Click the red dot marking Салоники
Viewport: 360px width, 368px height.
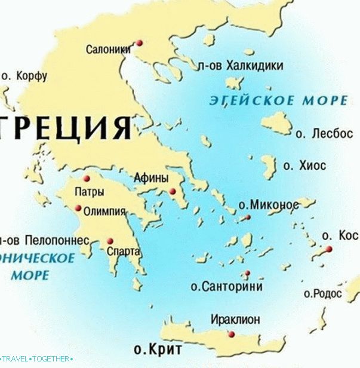point(140,42)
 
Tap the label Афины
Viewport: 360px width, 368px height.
point(150,178)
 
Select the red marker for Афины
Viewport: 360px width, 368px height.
point(172,191)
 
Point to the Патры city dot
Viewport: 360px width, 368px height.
point(87,179)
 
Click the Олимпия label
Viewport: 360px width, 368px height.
point(104,211)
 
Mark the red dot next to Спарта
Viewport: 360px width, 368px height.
point(110,241)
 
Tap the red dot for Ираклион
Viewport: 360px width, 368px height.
point(232,335)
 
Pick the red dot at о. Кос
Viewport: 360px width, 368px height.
point(328,249)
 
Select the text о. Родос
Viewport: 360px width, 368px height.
point(323,294)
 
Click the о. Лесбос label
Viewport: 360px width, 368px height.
point(325,134)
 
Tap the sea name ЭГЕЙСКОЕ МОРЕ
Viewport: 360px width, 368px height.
point(278,100)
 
